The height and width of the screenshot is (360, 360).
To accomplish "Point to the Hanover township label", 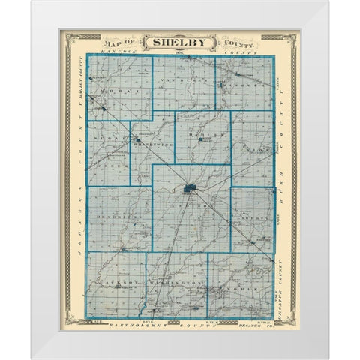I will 241,85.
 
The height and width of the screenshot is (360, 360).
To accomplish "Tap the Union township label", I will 251,151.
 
